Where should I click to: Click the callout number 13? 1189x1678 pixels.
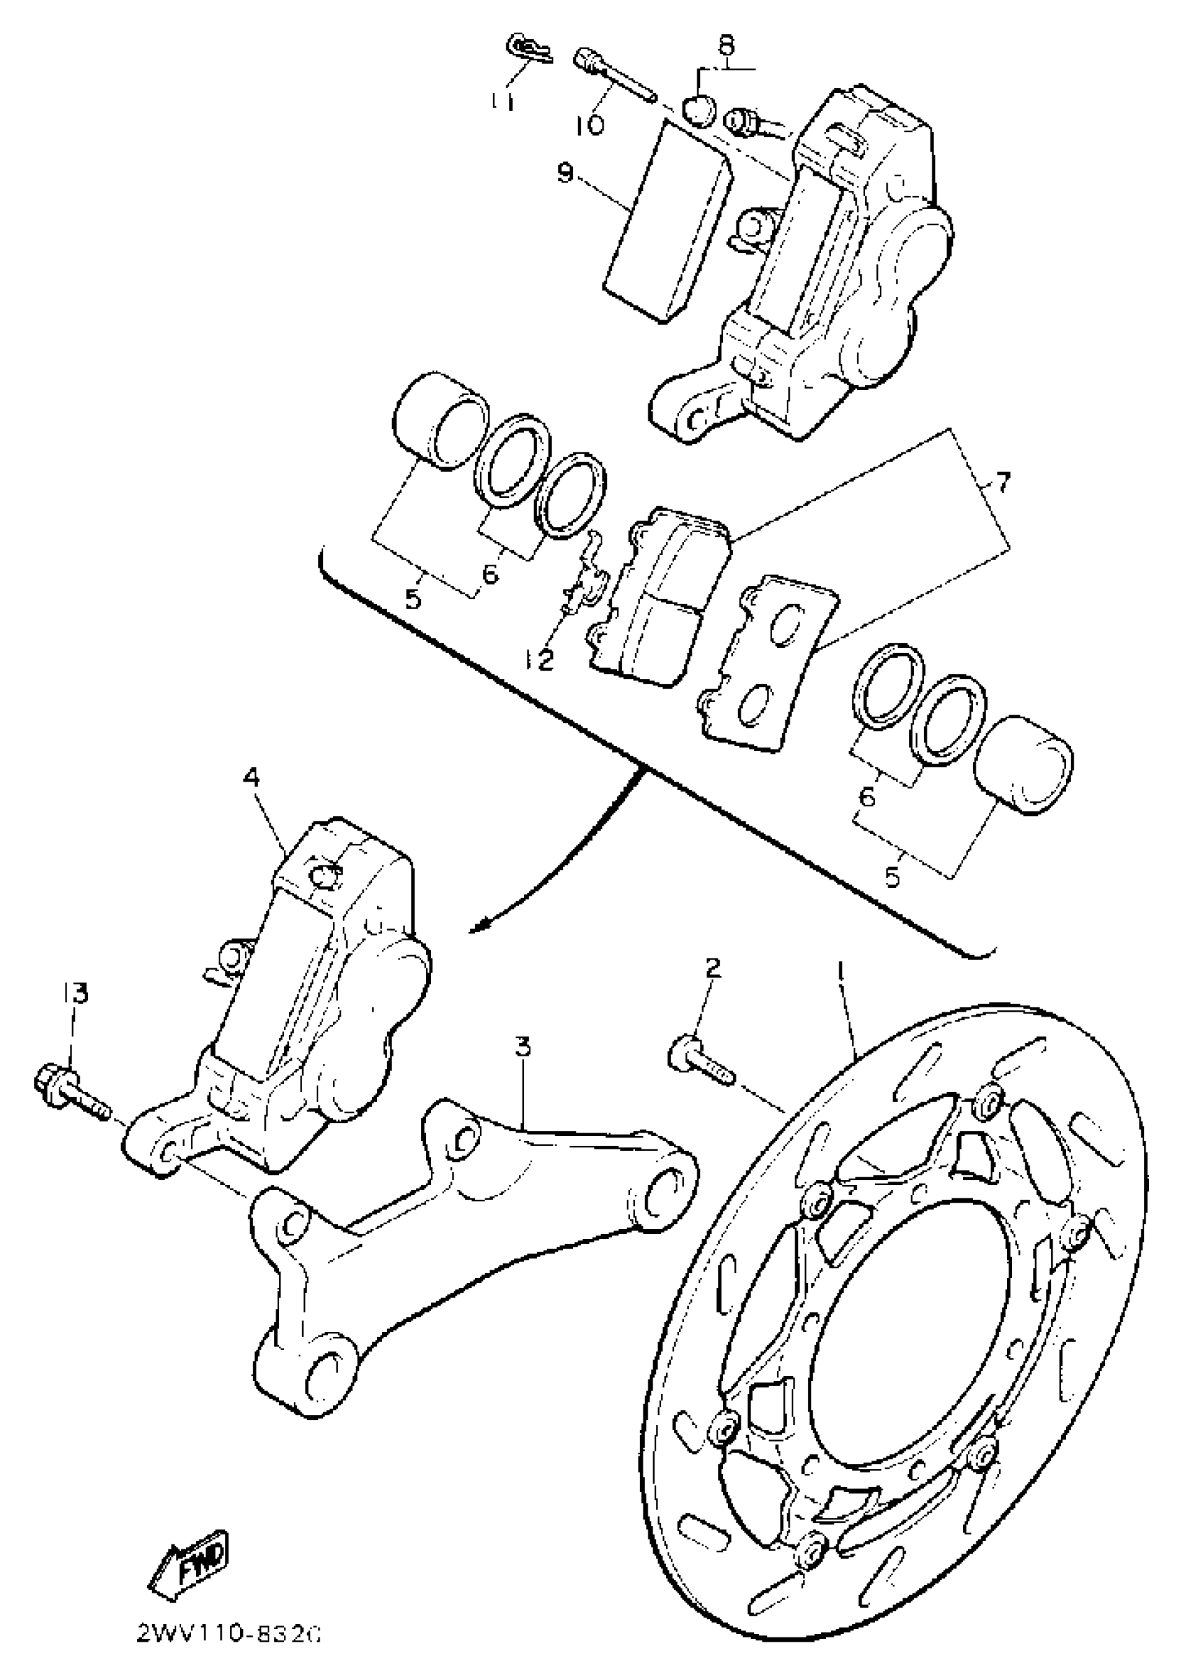76,993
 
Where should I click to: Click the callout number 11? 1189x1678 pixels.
502,100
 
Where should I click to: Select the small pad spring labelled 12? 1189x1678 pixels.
588,576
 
